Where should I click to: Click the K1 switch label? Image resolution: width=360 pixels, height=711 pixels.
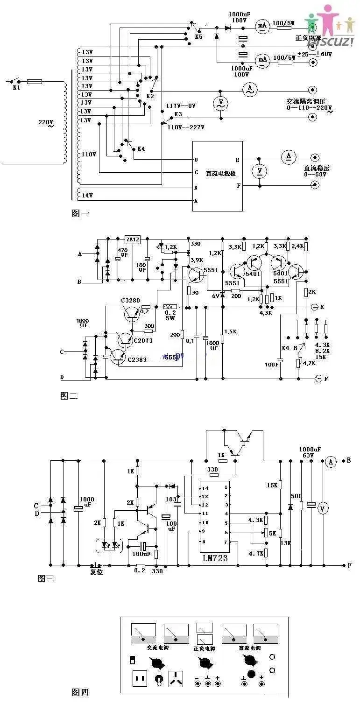click(x=15, y=88)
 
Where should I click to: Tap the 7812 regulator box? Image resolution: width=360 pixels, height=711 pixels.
click(x=132, y=239)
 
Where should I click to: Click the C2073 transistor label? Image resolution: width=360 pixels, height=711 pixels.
click(x=143, y=340)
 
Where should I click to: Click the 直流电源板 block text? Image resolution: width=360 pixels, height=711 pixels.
click(x=220, y=173)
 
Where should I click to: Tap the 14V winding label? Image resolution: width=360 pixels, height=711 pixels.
click(x=88, y=195)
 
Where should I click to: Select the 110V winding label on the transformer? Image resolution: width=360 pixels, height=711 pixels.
click(x=89, y=154)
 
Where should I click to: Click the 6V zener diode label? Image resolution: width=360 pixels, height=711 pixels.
click(x=216, y=296)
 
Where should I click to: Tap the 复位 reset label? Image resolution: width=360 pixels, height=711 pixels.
click(x=96, y=572)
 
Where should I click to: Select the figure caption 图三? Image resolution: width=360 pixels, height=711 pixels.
click(x=46, y=579)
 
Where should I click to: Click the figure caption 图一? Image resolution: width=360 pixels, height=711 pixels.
click(x=80, y=213)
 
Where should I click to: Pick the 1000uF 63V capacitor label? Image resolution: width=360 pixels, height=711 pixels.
click(x=311, y=452)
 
